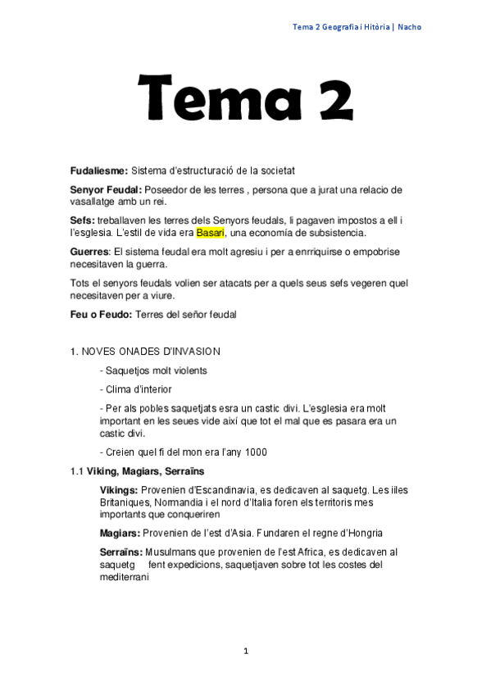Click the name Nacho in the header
coord(410,27)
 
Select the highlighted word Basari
coord(209,233)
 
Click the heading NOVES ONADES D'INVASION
coord(151,352)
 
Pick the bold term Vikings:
coord(120,490)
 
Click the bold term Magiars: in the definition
coord(120,533)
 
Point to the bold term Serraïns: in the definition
coord(121,552)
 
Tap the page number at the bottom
coord(245,651)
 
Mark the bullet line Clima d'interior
coord(137,389)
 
